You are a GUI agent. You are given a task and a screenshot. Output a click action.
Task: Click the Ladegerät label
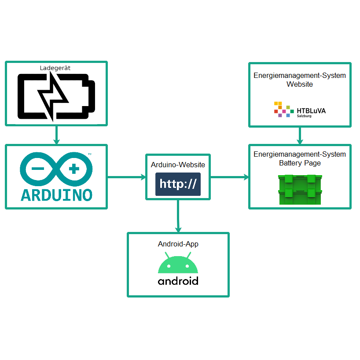(x=55, y=68)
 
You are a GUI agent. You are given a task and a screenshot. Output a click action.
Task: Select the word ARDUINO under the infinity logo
(x=56, y=195)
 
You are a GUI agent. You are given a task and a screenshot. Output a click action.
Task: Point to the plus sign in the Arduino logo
(x=74, y=169)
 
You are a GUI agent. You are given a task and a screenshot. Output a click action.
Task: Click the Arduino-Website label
(x=178, y=165)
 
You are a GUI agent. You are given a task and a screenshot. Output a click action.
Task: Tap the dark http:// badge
(x=178, y=184)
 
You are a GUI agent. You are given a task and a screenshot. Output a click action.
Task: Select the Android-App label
(x=178, y=244)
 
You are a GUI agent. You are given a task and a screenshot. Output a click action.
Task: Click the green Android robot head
(x=178, y=264)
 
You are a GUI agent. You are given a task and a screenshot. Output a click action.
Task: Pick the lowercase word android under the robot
(x=178, y=281)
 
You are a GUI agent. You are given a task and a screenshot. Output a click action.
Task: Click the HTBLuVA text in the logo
(x=311, y=110)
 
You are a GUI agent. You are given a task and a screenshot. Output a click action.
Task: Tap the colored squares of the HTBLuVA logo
(x=283, y=109)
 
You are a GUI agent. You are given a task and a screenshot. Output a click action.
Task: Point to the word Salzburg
(x=305, y=116)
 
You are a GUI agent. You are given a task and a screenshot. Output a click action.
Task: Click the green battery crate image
(x=300, y=190)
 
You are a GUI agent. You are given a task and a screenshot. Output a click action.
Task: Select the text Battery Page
(x=300, y=163)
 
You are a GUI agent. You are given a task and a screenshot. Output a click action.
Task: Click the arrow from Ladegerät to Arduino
(x=56, y=135)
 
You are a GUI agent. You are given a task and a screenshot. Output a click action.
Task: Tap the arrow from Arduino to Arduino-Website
(x=127, y=177)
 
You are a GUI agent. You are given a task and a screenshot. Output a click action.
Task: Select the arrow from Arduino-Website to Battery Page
(x=230, y=177)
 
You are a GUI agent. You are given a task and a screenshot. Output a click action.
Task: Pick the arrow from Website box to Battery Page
(x=300, y=136)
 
